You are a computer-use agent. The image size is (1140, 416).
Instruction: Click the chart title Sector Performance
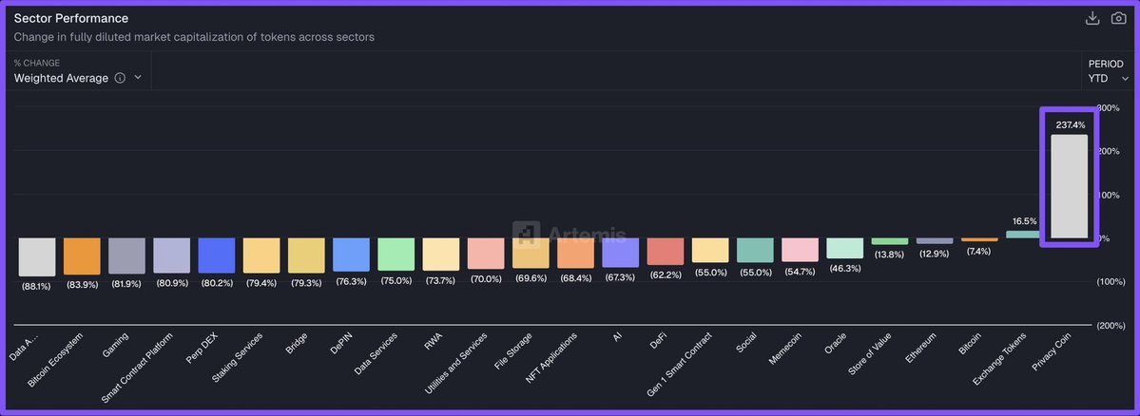[71, 18]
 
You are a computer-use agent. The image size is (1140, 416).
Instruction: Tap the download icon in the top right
[1092, 19]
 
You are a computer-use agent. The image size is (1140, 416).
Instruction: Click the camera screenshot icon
[1118, 19]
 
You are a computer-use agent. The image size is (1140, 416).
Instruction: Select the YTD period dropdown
[1109, 78]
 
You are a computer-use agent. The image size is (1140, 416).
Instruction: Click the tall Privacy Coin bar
[1069, 186]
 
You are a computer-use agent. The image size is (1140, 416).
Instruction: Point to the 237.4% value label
[1070, 124]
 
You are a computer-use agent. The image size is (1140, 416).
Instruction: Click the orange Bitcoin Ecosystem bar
[82, 256]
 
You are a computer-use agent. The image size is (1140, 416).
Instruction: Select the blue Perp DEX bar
[217, 255]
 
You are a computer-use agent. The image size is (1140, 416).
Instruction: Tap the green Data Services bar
[396, 255]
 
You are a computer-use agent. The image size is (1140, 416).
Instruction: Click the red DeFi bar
[666, 251]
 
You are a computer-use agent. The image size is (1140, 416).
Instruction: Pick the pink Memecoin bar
[800, 249]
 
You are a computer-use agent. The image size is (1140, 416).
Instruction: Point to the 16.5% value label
[1023, 220]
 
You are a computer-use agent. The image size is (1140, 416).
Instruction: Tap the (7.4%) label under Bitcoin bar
[978, 251]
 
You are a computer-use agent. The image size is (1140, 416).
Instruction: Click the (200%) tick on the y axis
[1111, 325]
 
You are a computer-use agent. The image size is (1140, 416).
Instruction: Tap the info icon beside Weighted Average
[120, 78]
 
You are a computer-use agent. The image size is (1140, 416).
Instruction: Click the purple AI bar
[620, 253]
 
